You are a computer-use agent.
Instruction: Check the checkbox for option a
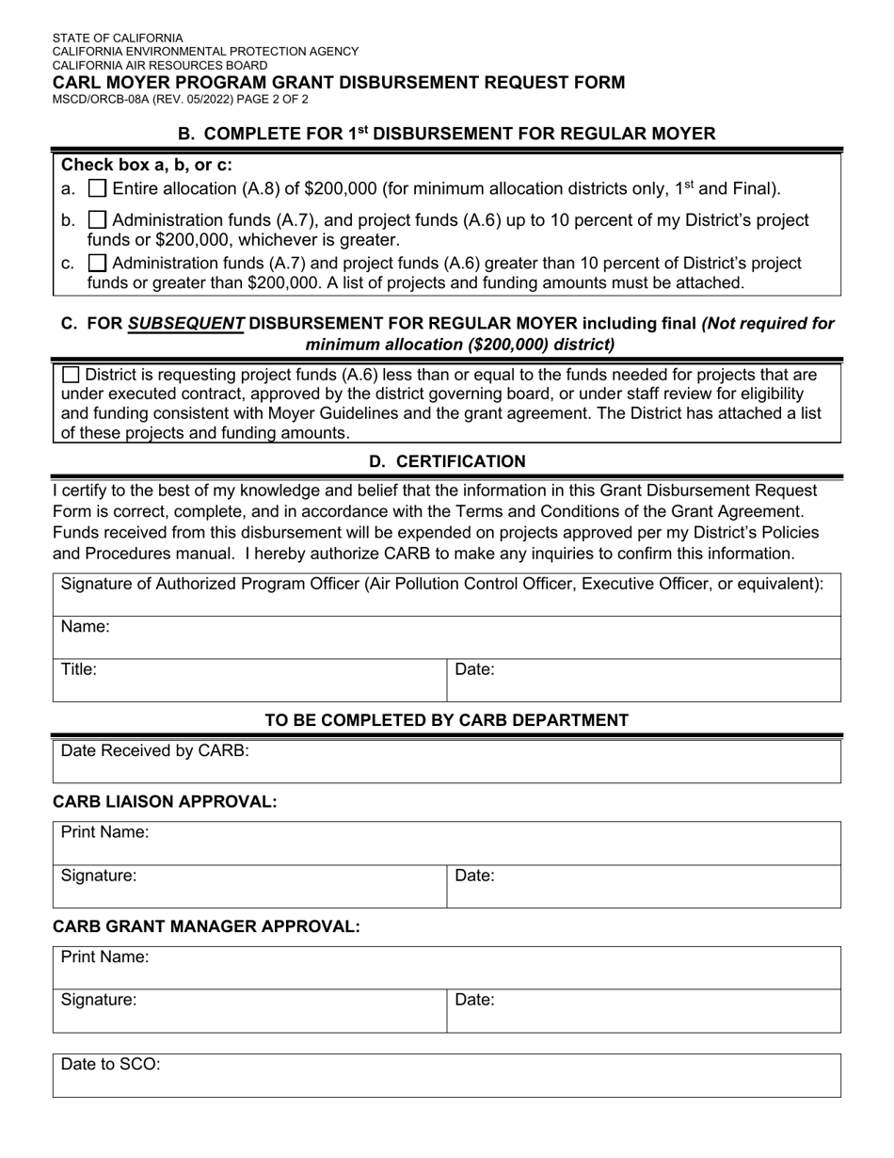[x=97, y=188]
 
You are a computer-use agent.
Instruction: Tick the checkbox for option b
[x=97, y=220]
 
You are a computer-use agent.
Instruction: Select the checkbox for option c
[x=97, y=263]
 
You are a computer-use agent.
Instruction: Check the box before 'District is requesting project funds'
[x=71, y=374]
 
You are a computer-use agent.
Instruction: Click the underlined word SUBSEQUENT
[x=185, y=324]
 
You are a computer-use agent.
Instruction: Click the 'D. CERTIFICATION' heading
[x=447, y=461]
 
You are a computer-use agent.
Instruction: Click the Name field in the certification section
[x=447, y=637]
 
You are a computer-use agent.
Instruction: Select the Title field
[x=249, y=680]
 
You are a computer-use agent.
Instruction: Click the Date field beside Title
[x=644, y=680]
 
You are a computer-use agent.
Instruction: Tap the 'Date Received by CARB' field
[x=447, y=762]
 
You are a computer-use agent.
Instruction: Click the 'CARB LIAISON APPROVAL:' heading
[x=165, y=801]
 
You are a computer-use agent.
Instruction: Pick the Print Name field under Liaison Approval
[x=447, y=843]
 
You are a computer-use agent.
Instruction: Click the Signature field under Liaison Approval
[x=249, y=886]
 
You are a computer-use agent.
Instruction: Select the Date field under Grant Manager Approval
[x=644, y=1010]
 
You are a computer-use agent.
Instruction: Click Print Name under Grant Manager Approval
[x=447, y=967]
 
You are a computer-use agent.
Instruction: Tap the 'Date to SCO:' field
[x=447, y=1075]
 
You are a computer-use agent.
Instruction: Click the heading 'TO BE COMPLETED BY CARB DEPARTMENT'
[x=447, y=720]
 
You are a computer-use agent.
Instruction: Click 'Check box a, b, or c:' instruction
[x=147, y=164]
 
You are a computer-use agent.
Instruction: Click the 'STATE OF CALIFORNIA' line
[x=118, y=39]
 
